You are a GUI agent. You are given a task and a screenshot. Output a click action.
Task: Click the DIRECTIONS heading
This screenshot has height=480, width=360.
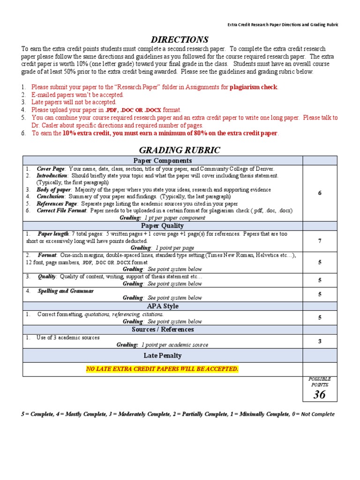(x=180, y=39)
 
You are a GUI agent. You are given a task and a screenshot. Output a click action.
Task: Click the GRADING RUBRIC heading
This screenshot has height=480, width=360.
(x=180, y=150)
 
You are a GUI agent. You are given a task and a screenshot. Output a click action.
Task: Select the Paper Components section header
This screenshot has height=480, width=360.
(x=162, y=161)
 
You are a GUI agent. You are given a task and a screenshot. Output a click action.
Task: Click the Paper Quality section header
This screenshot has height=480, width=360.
(x=162, y=225)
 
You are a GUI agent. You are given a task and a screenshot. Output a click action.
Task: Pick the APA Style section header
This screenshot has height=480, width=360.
(x=162, y=306)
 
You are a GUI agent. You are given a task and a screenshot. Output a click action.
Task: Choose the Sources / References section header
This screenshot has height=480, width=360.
(x=162, y=330)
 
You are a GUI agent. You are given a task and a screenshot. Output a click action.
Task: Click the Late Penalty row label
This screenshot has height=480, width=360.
(x=162, y=356)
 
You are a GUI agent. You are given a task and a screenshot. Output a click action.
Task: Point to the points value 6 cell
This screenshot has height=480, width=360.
(x=320, y=193)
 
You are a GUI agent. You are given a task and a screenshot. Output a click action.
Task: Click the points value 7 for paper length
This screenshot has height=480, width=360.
(x=320, y=240)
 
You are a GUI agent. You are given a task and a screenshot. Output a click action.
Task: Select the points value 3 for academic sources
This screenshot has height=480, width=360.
(x=320, y=341)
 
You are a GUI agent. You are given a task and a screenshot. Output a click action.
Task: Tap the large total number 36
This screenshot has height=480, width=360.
(x=319, y=395)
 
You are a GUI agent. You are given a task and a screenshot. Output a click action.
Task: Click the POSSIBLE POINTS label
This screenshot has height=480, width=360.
(x=320, y=382)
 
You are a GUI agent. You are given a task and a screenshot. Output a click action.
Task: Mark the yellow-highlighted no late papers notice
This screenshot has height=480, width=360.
(x=162, y=369)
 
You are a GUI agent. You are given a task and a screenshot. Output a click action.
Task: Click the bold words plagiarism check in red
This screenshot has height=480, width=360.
(x=254, y=87)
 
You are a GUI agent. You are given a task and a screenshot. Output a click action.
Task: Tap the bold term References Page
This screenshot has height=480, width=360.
(x=57, y=204)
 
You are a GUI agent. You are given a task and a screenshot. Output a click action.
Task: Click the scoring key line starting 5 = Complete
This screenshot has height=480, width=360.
(x=178, y=414)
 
